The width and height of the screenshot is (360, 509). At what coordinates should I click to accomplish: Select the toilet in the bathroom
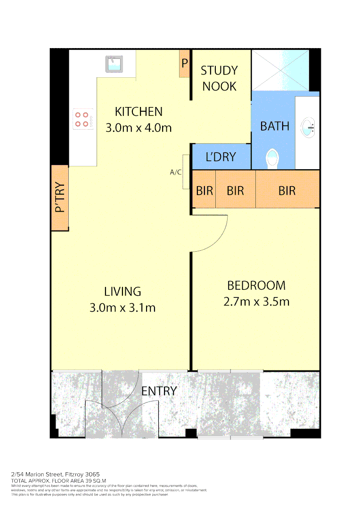(273, 159)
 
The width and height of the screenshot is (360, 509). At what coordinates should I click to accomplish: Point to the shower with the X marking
(281, 70)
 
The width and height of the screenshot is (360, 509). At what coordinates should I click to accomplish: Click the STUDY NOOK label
(219, 78)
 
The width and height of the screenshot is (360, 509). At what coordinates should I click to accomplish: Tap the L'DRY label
(221, 157)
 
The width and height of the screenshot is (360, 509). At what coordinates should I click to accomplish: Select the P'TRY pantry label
(60, 198)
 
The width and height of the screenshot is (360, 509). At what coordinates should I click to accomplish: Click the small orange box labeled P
(184, 63)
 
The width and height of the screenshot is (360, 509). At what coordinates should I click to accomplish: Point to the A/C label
(176, 172)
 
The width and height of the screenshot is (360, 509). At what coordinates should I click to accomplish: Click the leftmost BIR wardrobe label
(205, 190)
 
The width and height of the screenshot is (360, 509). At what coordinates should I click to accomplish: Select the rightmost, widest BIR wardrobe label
(286, 190)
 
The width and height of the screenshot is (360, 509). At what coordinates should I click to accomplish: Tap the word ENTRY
(159, 391)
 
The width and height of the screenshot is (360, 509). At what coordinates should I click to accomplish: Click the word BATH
(275, 126)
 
